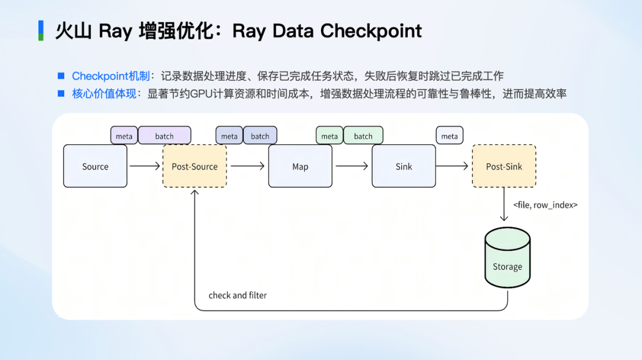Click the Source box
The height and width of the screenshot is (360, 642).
pyautogui.click(x=95, y=166)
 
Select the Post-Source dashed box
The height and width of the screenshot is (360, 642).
pyautogui.click(x=194, y=166)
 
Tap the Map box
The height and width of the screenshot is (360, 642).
pyautogui.click(x=300, y=166)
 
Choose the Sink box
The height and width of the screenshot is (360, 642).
pyautogui.click(x=404, y=166)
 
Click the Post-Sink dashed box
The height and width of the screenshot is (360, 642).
pyautogui.click(x=504, y=166)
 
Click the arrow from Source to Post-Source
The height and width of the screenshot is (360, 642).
pyautogui.click(x=144, y=166)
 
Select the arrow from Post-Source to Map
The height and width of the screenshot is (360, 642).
pyautogui.click(x=247, y=166)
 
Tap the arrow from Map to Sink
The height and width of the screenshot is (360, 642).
pyautogui.click(x=352, y=166)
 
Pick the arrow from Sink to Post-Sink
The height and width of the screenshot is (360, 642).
pyautogui.click(x=454, y=166)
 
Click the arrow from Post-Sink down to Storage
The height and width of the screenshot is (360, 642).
pyautogui.click(x=504, y=204)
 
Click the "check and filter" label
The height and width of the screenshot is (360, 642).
pyautogui.click(x=238, y=295)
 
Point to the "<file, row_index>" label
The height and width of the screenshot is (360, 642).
pyautogui.click(x=546, y=205)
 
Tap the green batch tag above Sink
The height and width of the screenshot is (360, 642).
pyautogui.click(x=363, y=136)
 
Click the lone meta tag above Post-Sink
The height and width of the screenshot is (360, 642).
pyautogui.click(x=449, y=136)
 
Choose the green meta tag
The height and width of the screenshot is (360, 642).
pyautogui.click(x=329, y=136)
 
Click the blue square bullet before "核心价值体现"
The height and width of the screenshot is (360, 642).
pyautogui.click(x=61, y=93)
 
